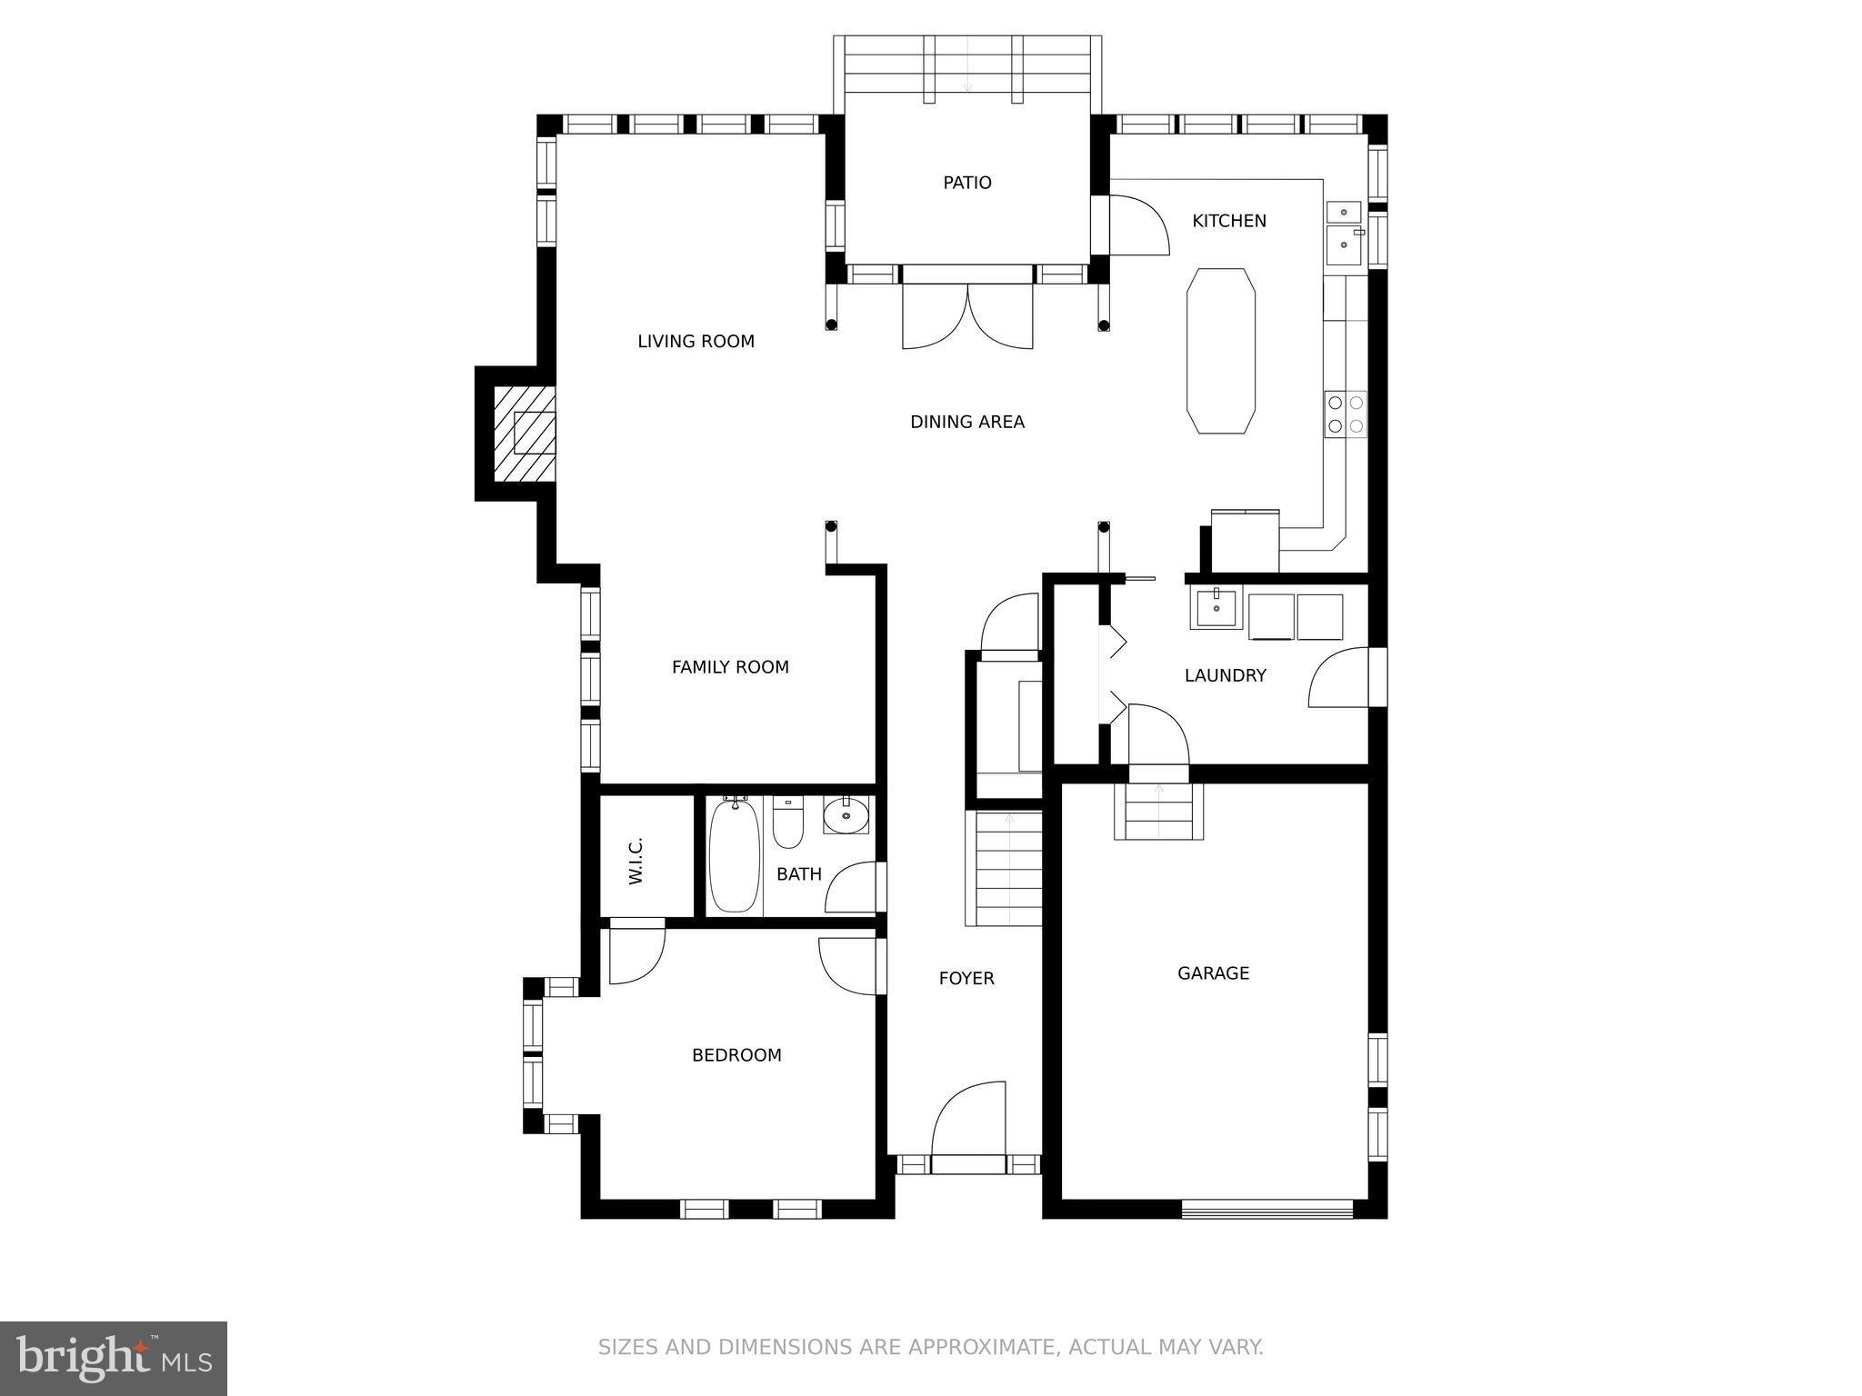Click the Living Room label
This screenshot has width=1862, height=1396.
point(696,342)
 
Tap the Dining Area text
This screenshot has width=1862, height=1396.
point(967,422)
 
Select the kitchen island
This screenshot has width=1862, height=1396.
point(1221,351)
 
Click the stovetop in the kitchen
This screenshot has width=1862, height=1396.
point(1346,414)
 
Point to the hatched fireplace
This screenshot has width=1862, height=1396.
point(524,434)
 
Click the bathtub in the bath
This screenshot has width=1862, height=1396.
point(734,855)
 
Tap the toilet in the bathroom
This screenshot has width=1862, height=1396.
point(787,822)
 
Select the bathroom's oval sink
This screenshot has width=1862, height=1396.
point(846,815)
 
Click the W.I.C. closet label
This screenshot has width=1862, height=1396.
point(636,861)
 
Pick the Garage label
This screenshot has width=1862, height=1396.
point(1213,973)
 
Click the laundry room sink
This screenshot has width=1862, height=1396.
point(1216,607)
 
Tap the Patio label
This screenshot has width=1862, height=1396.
point(967,183)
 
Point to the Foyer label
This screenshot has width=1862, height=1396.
point(966,979)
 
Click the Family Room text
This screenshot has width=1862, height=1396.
point(730,667)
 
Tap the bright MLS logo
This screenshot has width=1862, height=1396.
point(114,1358)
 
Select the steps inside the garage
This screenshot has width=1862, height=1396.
point(1159,811)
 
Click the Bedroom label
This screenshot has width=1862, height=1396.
point(736,1055)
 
